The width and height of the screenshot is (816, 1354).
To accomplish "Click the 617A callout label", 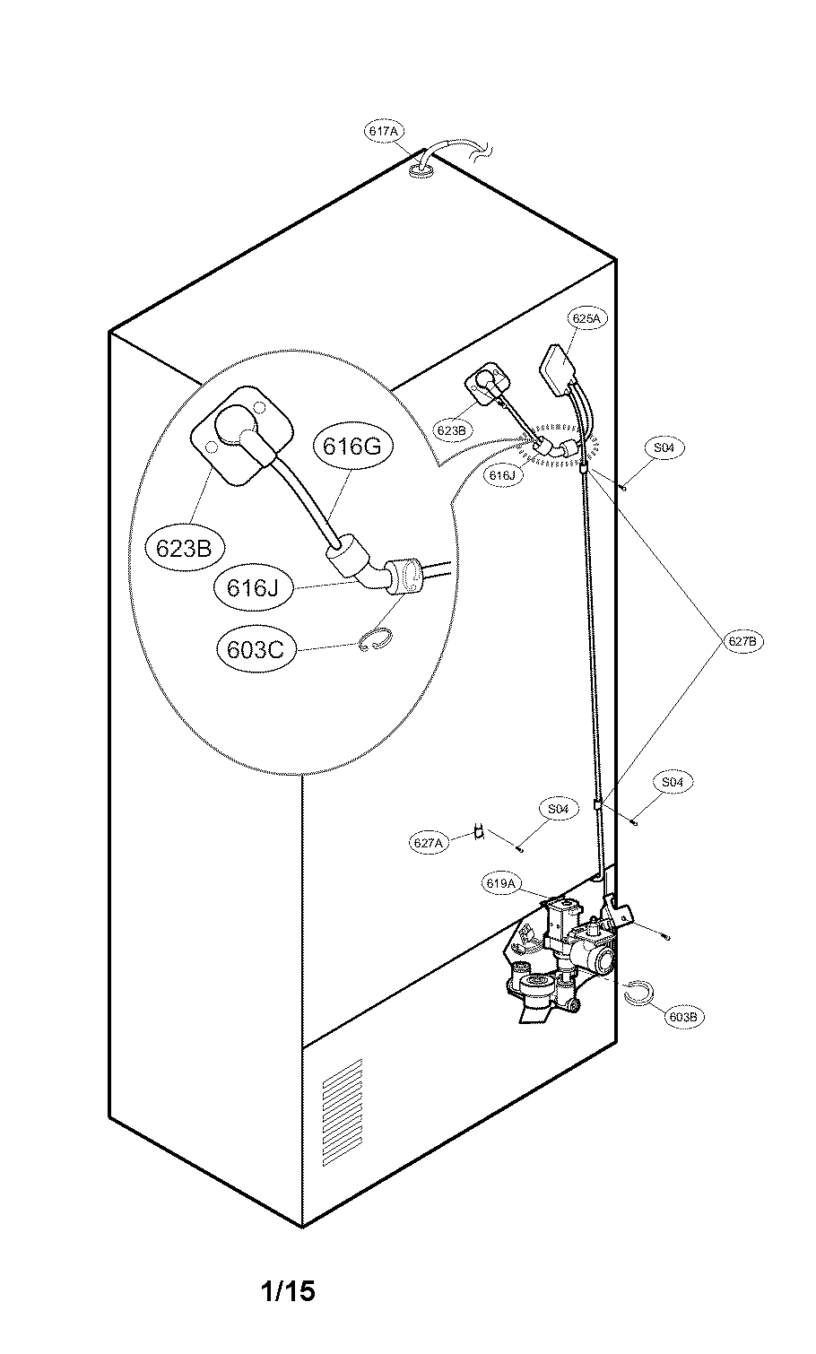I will pos(383,131).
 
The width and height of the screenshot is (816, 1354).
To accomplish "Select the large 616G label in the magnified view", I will pos(352,446).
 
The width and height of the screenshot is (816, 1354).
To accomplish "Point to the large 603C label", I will pos(256,648).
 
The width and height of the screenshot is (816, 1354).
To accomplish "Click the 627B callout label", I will pos(744,641).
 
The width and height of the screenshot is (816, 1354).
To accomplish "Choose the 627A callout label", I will pos(429,843).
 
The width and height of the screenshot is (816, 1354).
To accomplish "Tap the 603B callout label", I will pos(683,1016).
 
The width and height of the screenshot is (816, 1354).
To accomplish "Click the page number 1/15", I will pos(288,1291).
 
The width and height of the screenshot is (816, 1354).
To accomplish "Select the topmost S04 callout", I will pos(663,447).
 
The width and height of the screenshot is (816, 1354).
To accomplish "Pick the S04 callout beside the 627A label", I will pos(558,809).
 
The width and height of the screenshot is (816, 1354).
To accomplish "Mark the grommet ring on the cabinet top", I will pos(421,169).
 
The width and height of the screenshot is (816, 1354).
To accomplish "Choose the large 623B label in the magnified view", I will pos(183,548).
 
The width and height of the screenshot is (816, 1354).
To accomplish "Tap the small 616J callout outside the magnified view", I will pos(501,476).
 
